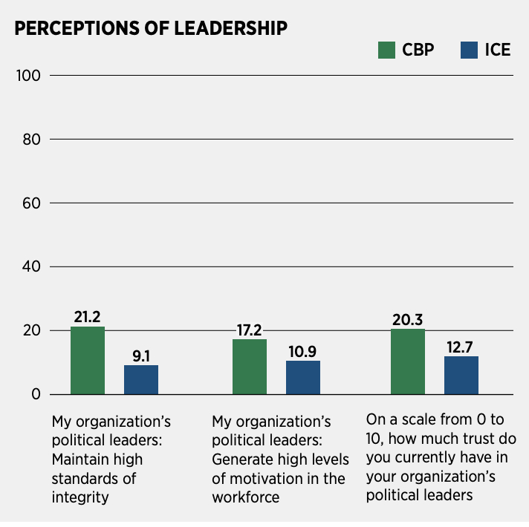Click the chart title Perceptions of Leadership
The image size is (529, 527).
(x=151, y=29)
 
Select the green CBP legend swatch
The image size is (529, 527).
(x=387, y=50)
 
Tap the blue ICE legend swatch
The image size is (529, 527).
(x=470, y=50)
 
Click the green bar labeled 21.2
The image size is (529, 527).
(x=88, y=360)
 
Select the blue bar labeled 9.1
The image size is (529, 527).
(x=141, y=379)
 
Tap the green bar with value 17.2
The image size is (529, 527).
(x=250, y=367)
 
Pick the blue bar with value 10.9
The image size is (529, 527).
(x=303, y=377)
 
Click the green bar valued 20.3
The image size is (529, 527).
(x=408, y=361)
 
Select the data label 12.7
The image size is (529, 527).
(x=461, y=346)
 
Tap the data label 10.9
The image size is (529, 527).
(x=303, y=351)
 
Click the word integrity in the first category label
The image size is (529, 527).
(x=80, y=497)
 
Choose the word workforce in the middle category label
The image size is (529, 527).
(x=246, y=497)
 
